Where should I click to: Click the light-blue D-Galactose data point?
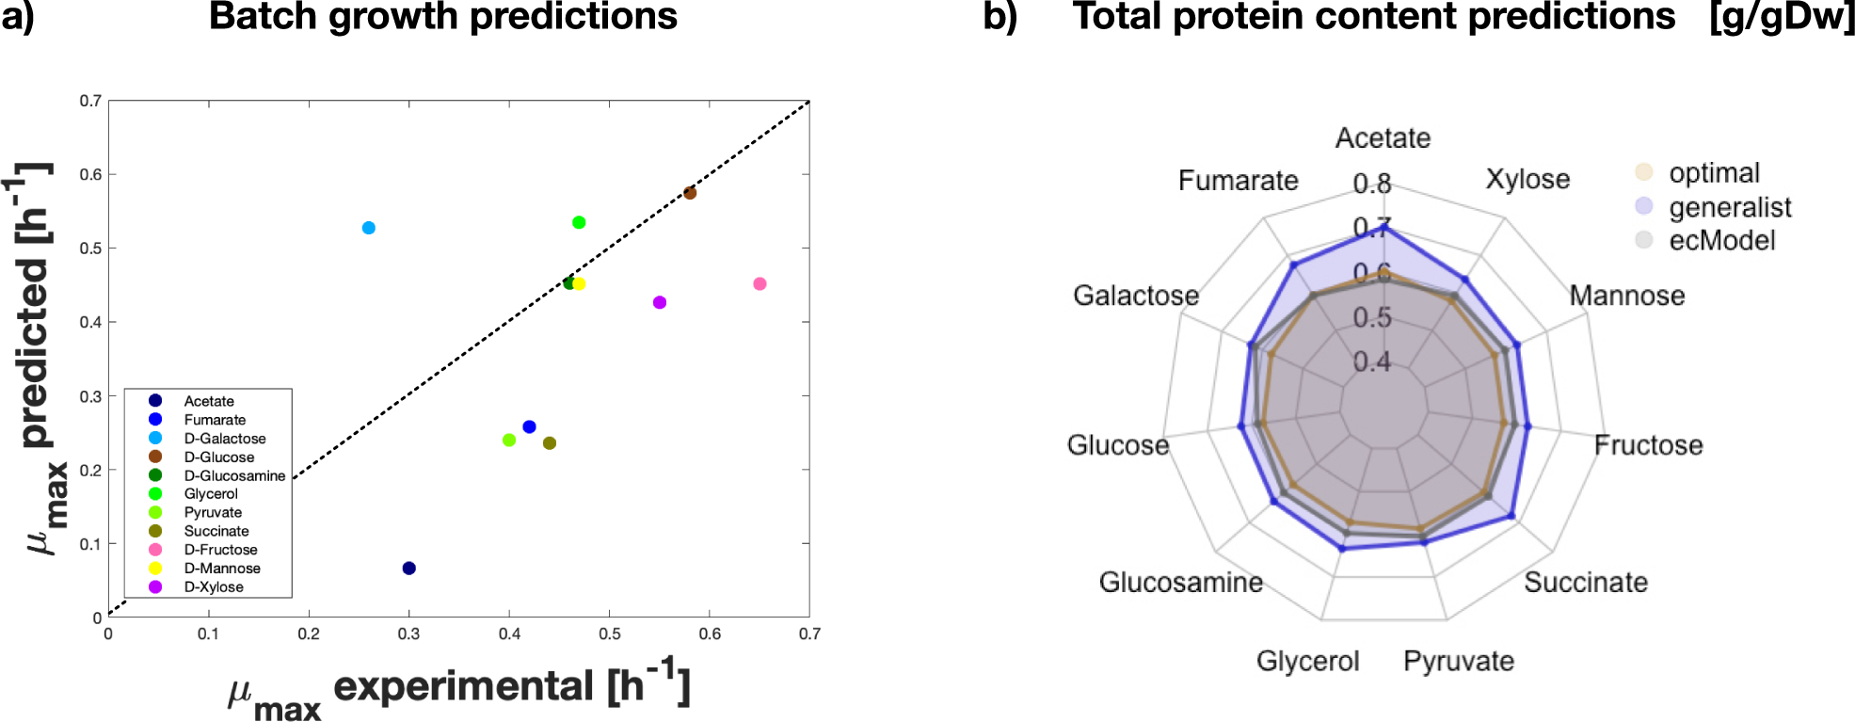point(369,228)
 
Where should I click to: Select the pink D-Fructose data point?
point(760,284)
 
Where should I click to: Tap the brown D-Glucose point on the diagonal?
point(690,193)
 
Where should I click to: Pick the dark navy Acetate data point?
point(408,569)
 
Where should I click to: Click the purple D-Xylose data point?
point(660,302)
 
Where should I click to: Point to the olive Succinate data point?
point(550,443)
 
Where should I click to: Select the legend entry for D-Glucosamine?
point(233,475)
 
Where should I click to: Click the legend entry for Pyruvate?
point(213,512)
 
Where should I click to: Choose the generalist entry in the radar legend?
point(1729,207)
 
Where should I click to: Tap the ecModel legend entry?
point(1721,240)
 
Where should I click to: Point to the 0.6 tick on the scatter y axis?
point(90,174)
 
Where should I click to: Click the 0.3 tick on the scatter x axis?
point(408,634)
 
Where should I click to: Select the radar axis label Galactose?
point(1136,296)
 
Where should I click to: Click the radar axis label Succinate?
point(1586,583)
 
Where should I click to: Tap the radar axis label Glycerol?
point(1307,661)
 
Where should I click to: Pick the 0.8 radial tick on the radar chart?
point(1371,184)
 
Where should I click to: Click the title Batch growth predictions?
point(442,17)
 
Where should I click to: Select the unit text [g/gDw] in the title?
point(1781,17)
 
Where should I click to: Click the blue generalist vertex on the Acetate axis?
point(1384,227)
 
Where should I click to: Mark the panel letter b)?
point(999,17)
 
